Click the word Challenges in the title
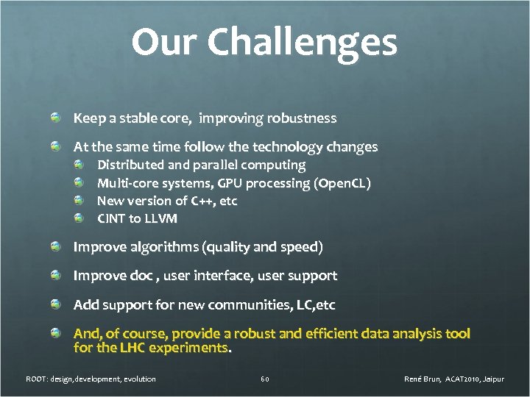pos(302,43)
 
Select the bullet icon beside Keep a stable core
pos(56,118)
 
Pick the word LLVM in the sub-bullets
pos(160,218)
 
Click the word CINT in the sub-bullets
pos(112,218)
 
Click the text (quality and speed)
pos(264,247)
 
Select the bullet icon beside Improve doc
pos(56,276)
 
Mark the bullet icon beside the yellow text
pos(56,334)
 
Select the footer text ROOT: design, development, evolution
pos(91,379)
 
